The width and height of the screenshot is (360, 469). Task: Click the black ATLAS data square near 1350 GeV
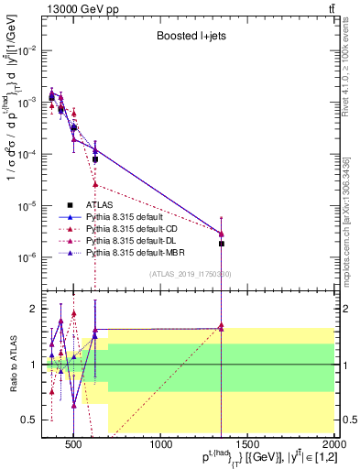(222, 244)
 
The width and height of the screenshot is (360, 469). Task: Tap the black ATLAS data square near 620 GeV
(95, 158)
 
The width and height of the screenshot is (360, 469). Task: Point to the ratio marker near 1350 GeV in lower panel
(222, 326)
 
